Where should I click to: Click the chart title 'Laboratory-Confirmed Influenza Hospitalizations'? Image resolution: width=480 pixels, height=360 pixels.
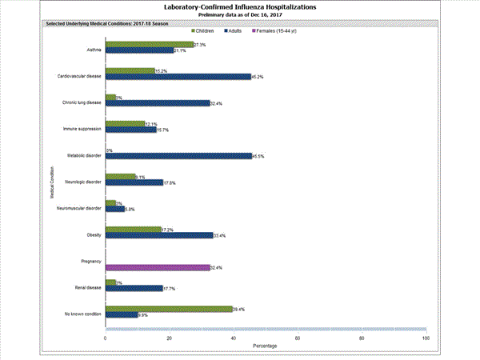[x=239, y=6]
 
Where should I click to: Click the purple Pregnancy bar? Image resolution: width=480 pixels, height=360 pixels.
[x=158, y=267]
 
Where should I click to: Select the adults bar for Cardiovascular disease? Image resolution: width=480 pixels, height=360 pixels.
[x=178, y=77]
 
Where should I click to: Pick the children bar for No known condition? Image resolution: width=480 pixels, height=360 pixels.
[x=169, y=309]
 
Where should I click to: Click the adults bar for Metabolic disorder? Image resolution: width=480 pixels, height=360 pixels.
[x=178, y=156]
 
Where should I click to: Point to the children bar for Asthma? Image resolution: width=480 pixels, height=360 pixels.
[x=150, y=45]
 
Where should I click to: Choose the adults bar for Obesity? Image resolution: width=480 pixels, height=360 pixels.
[x=159, y=235]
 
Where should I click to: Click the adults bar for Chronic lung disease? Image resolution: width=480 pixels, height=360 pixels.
[x=158, y=103]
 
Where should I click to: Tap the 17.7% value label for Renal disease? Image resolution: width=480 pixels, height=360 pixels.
[x=170, y=289]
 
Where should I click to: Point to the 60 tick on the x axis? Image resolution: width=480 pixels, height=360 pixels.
[x=298, y=338]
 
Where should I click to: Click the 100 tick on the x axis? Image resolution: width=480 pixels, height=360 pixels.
[x=425, y=338]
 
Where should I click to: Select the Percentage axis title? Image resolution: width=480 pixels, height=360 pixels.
[x=266, y=346]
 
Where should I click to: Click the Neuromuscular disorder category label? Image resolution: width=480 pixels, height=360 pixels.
[x=79, y=208]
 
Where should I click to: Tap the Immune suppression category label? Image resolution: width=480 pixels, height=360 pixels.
[x=82, y=128]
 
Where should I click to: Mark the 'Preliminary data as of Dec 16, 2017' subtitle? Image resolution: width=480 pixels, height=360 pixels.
[x=240, y=15]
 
